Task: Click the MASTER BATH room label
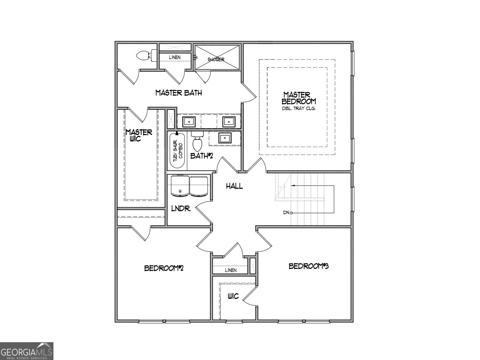pos(178,93)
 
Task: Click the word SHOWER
pos(216,59)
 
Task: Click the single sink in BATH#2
pos(225,138)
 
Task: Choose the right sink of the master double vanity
pos(228,121)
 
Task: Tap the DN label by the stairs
pos(286,213)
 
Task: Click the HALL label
pos(234,186)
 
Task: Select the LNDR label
pos(181,208)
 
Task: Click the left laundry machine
pos(180,186)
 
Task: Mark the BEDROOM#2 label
pos(164,268)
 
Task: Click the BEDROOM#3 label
pos(308,266)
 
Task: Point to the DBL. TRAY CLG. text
pos(298,108)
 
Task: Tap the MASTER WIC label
pos(139,135)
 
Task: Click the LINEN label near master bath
pos(175,57)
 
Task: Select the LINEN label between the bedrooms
pos(230,270)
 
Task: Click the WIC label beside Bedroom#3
pos(233,296)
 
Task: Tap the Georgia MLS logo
pos(26,351)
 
